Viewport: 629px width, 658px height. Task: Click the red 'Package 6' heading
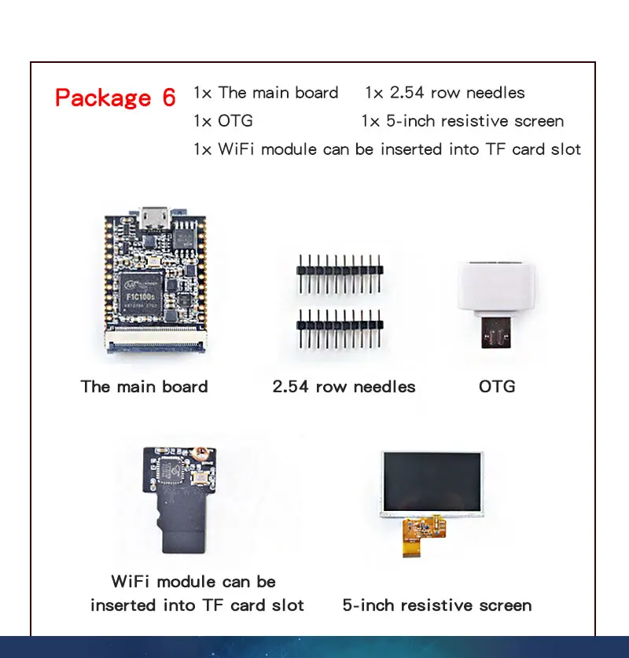click(116, 97)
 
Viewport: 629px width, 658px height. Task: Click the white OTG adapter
click(496, 288)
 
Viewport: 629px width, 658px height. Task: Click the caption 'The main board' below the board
click(144, 387)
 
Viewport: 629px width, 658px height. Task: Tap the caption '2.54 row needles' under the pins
click(344, 387)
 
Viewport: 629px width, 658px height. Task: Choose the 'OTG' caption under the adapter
click(497, 387)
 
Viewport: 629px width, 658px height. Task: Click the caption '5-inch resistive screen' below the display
click(437, 605)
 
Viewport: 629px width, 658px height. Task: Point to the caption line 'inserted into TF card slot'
click(197, 605)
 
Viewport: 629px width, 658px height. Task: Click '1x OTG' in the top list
click(223, 121)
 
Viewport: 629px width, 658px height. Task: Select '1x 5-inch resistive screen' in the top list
click(462, 121)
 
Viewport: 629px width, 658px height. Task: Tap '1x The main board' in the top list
click(266, 93)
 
